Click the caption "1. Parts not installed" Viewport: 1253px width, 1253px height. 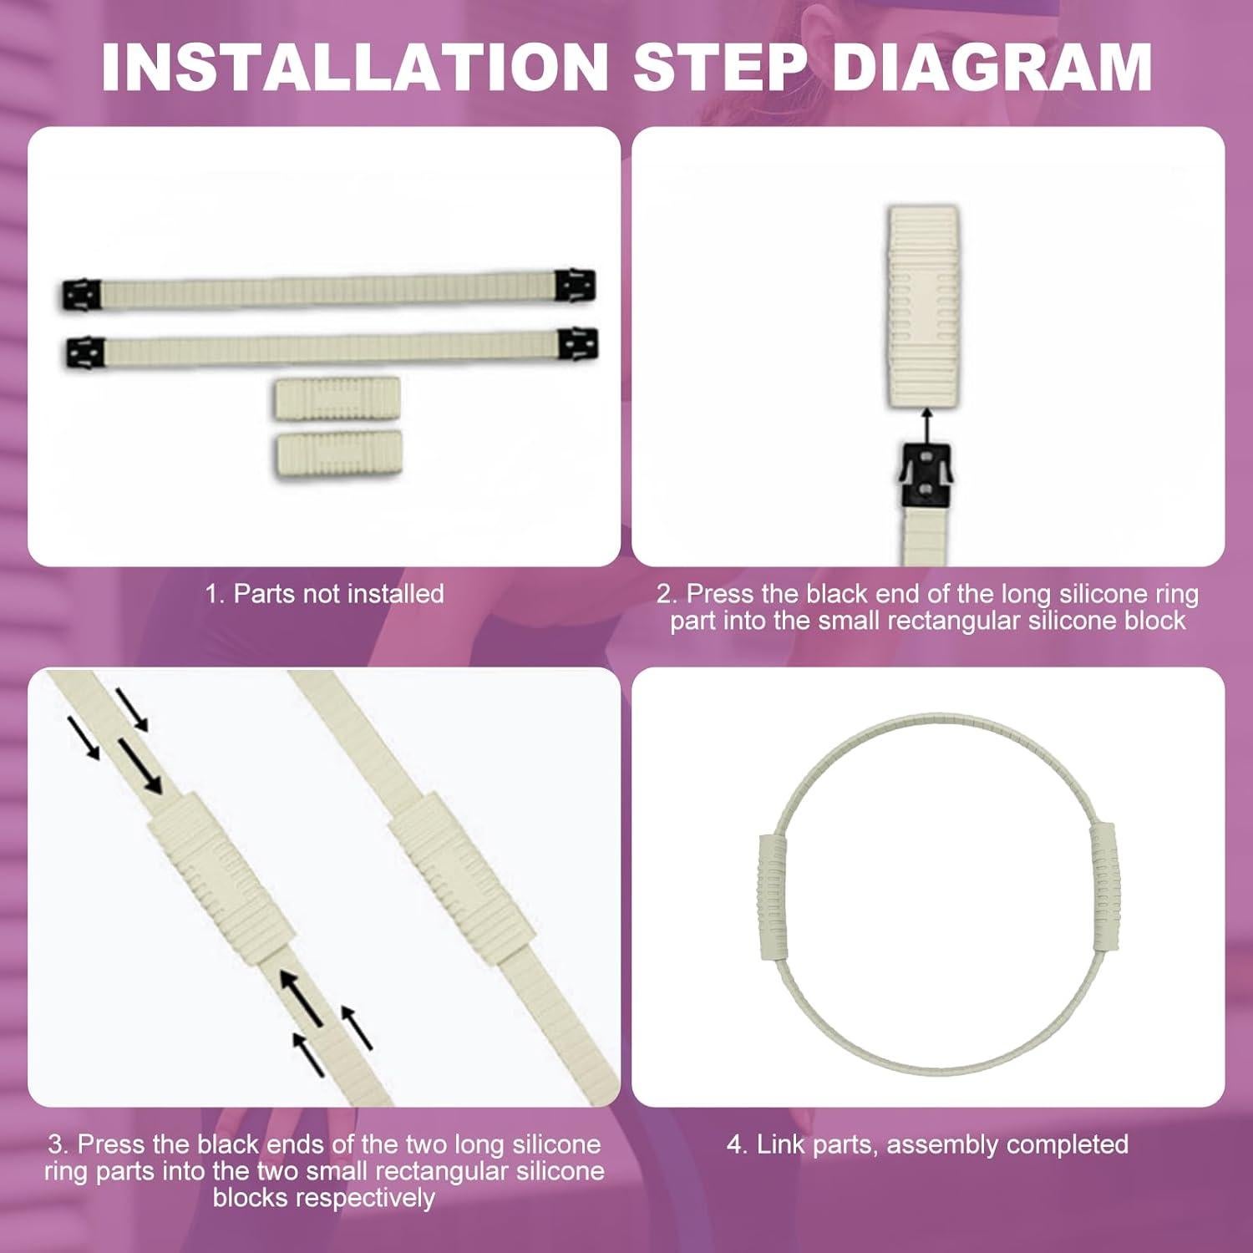pos(325,594)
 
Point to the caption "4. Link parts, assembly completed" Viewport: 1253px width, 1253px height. pos(927,1144)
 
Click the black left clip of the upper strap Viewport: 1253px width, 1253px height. pos(80,294)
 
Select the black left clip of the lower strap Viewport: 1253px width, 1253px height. pos(85,353)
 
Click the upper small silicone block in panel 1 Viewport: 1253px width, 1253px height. pos(337,397)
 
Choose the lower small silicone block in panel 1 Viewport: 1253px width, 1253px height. pos(339,453)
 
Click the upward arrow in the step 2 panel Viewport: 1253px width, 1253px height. pos(925,425)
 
